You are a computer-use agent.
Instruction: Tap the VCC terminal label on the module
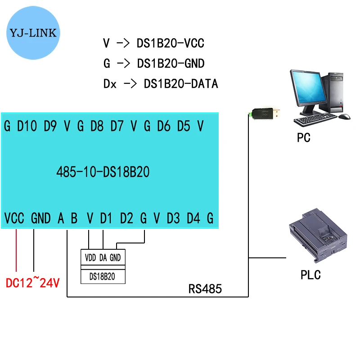tap(14, 218)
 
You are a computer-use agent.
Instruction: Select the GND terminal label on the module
tap(41, 218)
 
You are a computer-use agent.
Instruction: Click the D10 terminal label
tap(27, 126)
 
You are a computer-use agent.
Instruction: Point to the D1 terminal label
tap(106, 218)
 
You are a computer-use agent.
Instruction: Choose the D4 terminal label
tap(193, 218)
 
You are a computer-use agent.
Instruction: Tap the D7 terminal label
tap(117, 126)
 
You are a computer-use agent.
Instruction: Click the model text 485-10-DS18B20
tap(103, 172)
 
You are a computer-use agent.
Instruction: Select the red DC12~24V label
tap(32, 283)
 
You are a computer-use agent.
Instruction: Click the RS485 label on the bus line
tap(205, 289)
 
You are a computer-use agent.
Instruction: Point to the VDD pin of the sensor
tap(90, 258)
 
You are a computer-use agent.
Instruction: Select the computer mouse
tap(344, 117)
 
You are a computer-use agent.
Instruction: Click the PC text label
tap(304, 137)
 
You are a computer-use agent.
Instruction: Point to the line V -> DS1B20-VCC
tap(153, 44)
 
